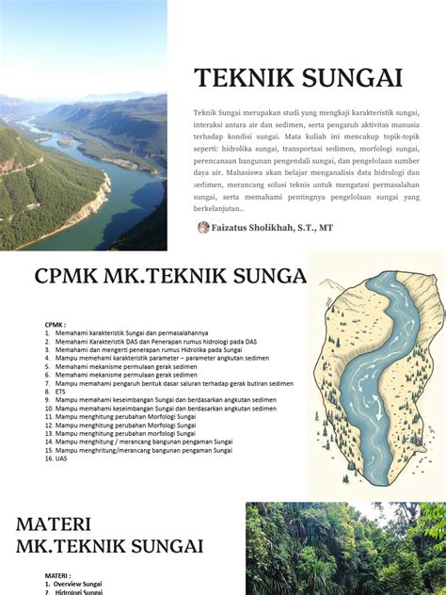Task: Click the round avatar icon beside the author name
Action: pos(202,227)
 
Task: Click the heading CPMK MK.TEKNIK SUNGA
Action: pos(170,276)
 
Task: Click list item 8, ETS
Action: pos(60,392)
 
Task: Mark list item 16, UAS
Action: pos(60,458)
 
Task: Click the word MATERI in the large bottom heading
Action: pos(53,524)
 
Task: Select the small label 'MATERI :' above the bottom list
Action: pos(57,575)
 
